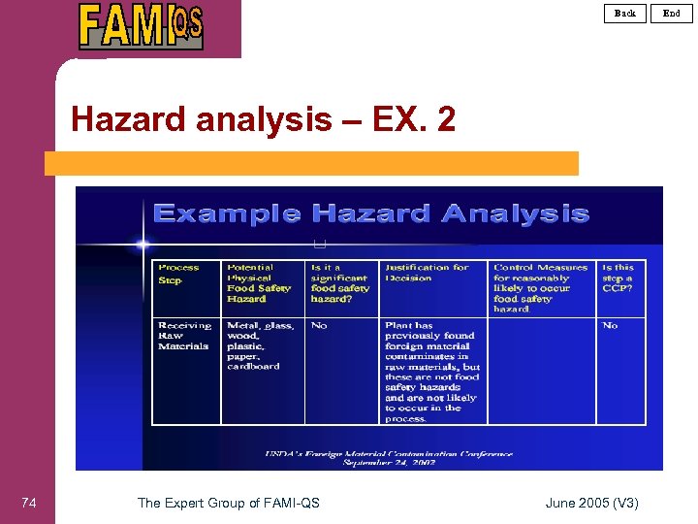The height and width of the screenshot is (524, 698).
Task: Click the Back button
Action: point(625,13)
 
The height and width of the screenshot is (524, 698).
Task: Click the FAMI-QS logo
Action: point(142,26)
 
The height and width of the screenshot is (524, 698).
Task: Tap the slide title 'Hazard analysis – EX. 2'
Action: point(263,120)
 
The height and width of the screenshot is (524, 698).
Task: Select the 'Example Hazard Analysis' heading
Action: point(370,213)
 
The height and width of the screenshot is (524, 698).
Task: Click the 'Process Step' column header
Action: point(179,273)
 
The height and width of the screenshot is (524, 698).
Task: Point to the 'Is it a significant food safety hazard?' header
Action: point(340,282)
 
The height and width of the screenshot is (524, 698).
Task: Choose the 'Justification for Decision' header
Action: point(427,273)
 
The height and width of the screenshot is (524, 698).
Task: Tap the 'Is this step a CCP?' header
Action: point(618,278)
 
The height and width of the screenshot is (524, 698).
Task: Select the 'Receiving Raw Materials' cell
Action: point(184,336)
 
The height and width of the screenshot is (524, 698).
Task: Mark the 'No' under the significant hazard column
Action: point(319,326)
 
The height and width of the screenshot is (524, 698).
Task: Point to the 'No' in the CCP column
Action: point(610,326)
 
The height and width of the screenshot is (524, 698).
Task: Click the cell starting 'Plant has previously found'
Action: point(432,372)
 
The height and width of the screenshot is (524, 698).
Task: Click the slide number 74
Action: point(29,503)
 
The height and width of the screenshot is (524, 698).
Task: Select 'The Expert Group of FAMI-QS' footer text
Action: point(229,503)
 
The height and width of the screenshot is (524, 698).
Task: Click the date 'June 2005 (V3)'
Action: point(591,503)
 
